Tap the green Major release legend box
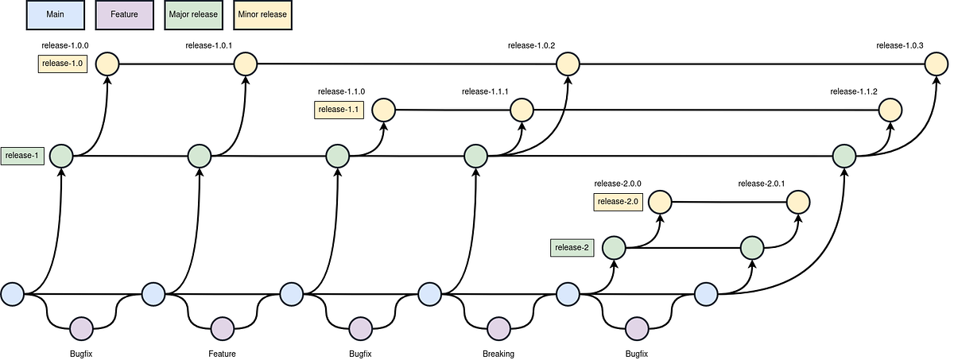click(193, 14)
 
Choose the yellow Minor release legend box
click(262, 14)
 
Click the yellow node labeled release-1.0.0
click(107, 64)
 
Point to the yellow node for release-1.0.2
click(568, 64)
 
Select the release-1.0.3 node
click(936, 64)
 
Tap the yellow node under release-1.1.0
click(383, 110)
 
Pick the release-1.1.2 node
click(890, 110)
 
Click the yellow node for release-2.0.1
click(798, 202)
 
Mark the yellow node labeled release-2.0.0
click(660, 202)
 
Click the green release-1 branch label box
click(22, 156)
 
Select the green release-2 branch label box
click(572, 248)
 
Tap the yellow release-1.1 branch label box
click(339, 110)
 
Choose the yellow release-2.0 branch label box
click(618, 202)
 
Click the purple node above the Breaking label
click(498, 327)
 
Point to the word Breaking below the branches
click(498, 354)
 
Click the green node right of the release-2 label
click(614, 248)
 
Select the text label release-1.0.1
click(208, 45)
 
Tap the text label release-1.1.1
click(485, 92)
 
